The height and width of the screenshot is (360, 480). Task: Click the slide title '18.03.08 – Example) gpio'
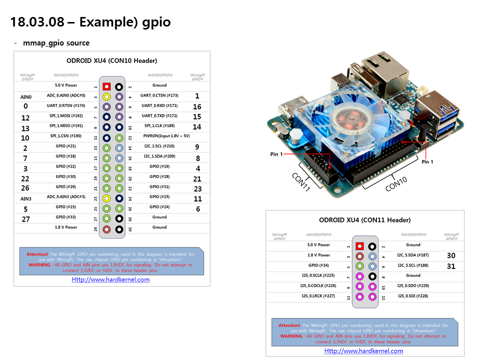pyautogui.click(x=90, y=22)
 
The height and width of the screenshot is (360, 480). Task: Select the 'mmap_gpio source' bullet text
pyautogui.click(x=56, y=43)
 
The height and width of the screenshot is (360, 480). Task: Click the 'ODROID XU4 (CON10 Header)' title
pyautogui.click(x=112, y=60)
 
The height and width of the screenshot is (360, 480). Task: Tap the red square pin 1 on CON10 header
pyautogui.click(x=106, y=86)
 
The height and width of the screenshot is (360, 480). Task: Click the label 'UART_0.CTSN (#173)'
pyautogui.click(x=159, y=95)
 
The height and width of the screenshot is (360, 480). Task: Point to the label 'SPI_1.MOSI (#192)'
pyautogui.click(x=66, y=116)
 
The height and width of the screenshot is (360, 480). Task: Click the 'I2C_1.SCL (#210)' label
pyautogui.click(x=159, y=146)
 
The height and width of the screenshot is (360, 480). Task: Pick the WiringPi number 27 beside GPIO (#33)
pyautogui.click(x=25, y=219)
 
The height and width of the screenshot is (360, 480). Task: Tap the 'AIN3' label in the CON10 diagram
pyautogui.click(x=25, y=198)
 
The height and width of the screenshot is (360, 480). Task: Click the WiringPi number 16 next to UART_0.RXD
pyautogui.click(x=197, y=106)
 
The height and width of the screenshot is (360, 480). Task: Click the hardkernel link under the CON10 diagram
pyautogui.click(x=110, y=279)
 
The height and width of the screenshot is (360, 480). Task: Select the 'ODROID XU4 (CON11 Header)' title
pyautogui.click(x=365, y=220)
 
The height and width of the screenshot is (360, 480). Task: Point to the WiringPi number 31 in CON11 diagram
pyautogui.click(x=451, y=266)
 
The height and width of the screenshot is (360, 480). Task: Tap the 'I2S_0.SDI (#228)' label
pyautogui.click(x=413, y=296)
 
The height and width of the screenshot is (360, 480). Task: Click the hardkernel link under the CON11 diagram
pyautogui.click(x=363, y=351)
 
